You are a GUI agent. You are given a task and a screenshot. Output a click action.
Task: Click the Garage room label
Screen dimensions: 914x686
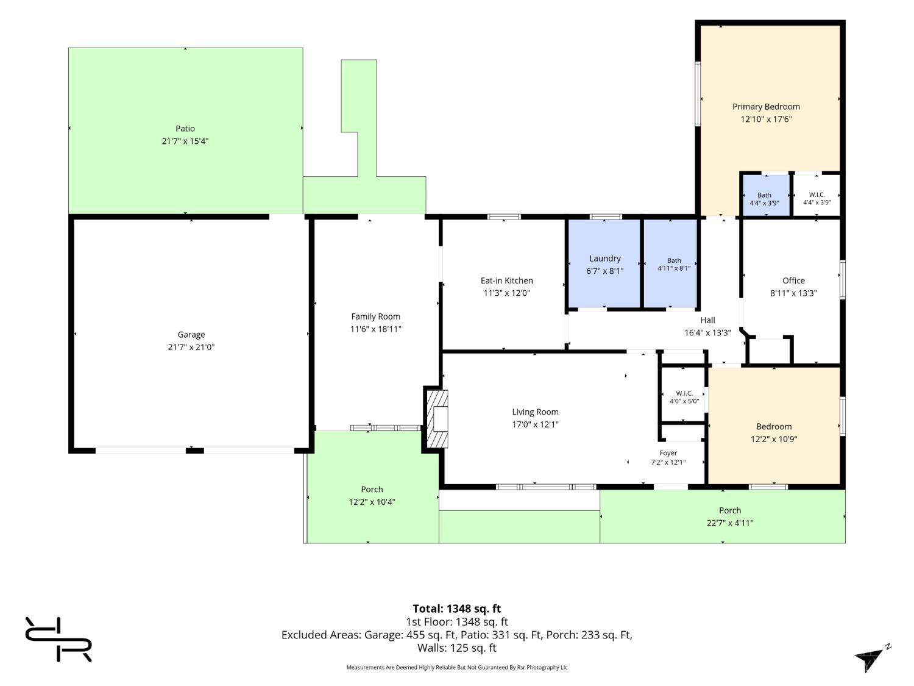tap(191, 334)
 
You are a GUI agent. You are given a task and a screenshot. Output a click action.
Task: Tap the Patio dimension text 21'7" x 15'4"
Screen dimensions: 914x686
tap(185, 141)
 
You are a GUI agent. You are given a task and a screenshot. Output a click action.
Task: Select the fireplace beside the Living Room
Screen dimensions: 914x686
tap(436, 418)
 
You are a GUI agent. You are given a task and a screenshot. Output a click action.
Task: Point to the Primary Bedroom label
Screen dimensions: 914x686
tap(766, 107)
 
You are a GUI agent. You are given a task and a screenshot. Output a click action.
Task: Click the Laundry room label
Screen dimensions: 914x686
tap(604, 259)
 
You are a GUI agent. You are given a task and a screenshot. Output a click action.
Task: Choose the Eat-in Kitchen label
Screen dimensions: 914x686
tap(507, 280)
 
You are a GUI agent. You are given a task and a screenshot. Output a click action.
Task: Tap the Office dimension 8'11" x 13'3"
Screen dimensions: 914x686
tap(793, 293)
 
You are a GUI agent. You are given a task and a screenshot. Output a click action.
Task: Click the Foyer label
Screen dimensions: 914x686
tap(668, 452)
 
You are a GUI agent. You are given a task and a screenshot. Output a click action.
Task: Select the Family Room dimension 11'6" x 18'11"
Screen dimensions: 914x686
tap(375, 329)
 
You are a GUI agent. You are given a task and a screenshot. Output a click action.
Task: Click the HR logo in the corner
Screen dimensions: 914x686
tap(58, 639)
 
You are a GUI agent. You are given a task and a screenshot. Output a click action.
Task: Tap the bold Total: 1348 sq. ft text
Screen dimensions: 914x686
tap(457, 609)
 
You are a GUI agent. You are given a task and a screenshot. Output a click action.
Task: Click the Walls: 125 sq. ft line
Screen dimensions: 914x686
tap(457, 648)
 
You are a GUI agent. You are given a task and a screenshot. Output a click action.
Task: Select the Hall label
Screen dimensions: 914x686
tap(707, 320)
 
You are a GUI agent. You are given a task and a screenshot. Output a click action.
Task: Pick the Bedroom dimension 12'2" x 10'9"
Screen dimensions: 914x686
tap(774, 439)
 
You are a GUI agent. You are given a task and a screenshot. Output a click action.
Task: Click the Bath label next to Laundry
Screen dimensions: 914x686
tap(674, 261)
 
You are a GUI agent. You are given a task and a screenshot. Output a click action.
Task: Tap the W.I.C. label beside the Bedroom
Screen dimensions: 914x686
tap(684, 393)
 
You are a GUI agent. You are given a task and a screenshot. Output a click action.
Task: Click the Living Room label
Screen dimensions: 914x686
tap(535, 412)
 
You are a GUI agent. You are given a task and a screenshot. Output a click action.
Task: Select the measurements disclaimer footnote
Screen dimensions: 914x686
tap(457, 667)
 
